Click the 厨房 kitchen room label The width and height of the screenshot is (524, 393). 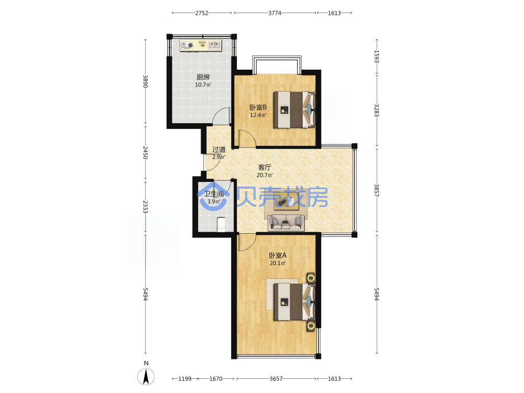203,77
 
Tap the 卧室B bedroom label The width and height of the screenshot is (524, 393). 258,107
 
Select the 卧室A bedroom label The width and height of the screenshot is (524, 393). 278,256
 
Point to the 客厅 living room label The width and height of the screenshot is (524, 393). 265,168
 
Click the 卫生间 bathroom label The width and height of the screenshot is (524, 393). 214,194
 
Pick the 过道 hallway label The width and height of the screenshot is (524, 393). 219,149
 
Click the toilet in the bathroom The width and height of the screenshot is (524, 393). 221,224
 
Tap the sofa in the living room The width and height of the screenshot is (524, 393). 286,223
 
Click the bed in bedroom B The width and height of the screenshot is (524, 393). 294,110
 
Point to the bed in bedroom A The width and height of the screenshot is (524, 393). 294,302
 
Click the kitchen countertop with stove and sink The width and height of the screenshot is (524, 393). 201,46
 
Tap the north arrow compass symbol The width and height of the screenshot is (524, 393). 146,377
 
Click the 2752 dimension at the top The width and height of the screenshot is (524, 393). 202,13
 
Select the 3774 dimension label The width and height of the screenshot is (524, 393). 275,13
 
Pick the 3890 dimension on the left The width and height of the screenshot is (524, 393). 145,82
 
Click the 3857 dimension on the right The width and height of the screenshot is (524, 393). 377,191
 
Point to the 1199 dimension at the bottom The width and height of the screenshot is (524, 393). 185,379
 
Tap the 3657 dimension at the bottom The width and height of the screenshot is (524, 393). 276,379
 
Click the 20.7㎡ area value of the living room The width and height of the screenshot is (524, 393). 265,175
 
